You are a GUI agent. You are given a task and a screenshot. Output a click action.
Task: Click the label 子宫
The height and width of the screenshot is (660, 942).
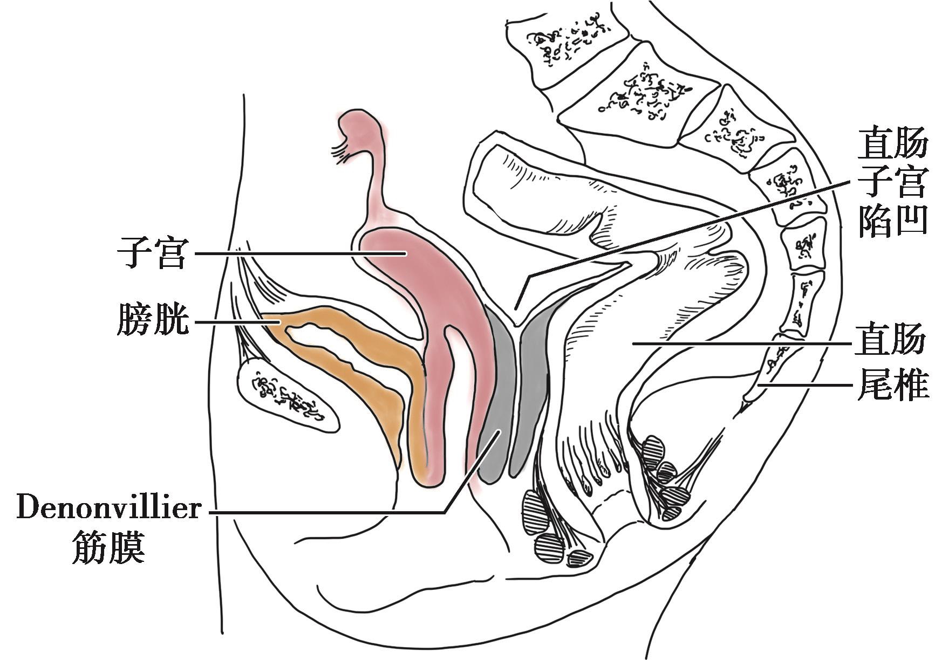(152, 253)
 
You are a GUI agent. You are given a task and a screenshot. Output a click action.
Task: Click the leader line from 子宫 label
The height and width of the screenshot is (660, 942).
(297, 253)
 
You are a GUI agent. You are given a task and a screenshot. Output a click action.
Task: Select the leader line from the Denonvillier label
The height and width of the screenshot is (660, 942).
(324, 511)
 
